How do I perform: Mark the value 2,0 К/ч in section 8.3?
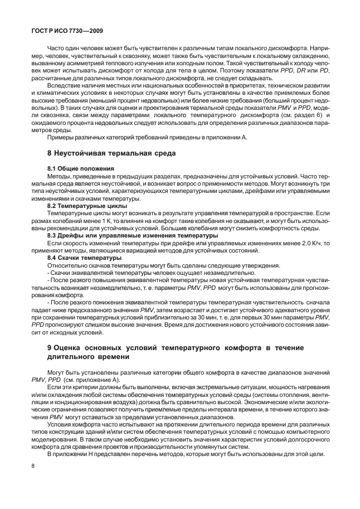[x=303, y=243]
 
